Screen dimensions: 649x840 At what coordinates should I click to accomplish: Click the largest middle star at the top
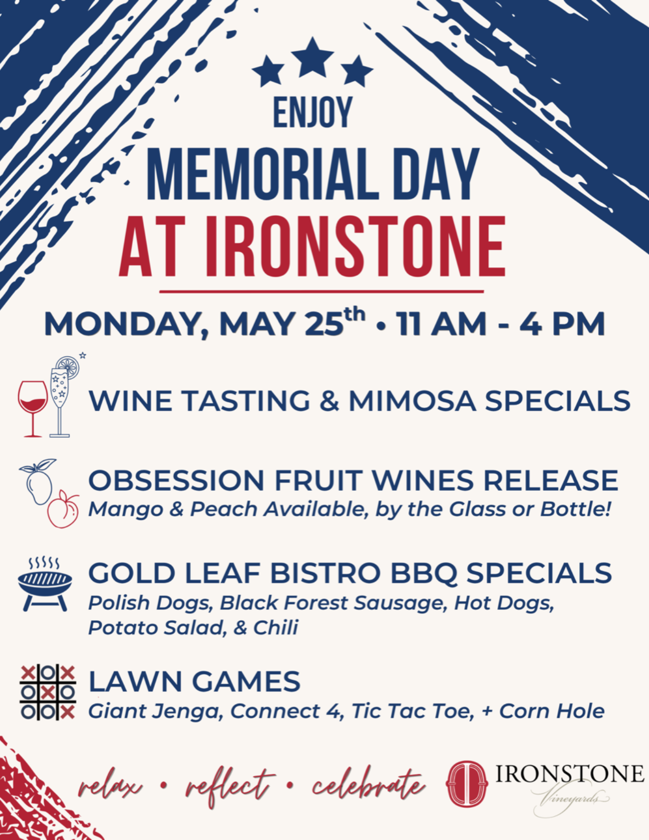pyautogui.click(x=313, y=58)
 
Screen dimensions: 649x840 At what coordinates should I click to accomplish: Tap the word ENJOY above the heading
pyautogui.click(x=313, y=112)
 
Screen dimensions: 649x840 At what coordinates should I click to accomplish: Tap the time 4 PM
pyautogui.click(x=562, y=324)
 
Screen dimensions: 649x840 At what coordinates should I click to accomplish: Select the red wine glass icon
pyautogui.click(x=33, y=409)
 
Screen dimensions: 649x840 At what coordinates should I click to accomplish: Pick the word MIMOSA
pyautogui.click(x=412, y=401)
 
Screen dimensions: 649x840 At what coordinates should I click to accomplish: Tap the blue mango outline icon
pyautogui.click(x=38, y=482)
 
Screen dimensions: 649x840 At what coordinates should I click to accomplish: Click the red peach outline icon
pyautogui.click(x=63, y=509)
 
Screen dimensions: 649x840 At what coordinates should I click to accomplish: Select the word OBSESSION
pyautogui.click(x=176, y=481)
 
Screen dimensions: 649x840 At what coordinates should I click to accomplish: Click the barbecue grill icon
pyautogui.click(x=45, y=584)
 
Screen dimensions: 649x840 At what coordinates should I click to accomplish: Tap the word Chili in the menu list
pyautogui.click(x=275, y=627)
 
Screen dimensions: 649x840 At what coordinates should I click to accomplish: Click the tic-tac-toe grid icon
pyautogui.click(x=48, y=692)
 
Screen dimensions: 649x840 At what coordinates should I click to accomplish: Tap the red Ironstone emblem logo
pyautogui.click(x=467, y=784)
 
